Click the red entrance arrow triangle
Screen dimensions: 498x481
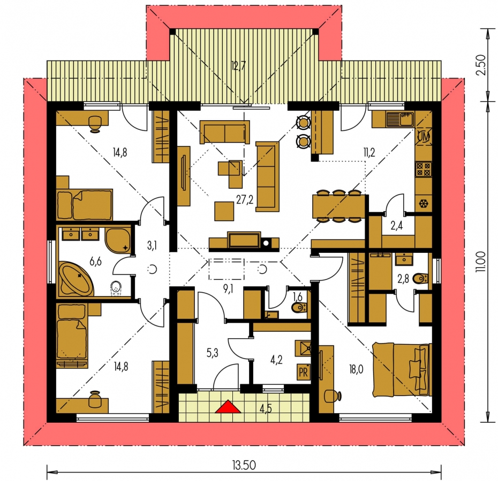[228, 407]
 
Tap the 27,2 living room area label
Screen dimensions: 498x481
[245, 199]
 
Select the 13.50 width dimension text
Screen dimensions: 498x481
[244, 466]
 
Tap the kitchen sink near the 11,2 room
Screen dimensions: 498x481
[400, 119]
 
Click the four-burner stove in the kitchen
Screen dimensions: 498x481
[424, 169]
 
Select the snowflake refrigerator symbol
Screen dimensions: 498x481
[424, 204]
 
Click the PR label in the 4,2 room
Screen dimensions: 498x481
[303, 373]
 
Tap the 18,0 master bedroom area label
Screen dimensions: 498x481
[356, 369]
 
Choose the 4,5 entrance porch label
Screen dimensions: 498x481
[266, 409]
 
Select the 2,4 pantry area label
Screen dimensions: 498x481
[396, 226]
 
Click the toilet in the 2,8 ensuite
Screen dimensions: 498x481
[420, 278]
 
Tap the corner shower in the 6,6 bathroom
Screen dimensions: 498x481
[118, 241]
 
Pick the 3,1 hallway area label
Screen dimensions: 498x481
[152, 245]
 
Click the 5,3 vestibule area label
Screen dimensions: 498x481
[212, 352]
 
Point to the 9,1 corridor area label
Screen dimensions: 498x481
[228, 289]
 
